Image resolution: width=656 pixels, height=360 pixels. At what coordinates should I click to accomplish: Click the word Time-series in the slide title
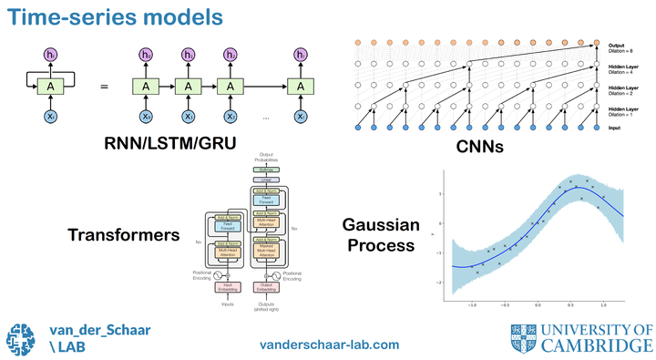coord(63,16)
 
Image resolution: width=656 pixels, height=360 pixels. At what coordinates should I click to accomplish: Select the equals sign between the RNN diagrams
coord(104,87)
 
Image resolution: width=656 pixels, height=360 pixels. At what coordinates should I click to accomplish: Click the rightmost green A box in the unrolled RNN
coord(300,87)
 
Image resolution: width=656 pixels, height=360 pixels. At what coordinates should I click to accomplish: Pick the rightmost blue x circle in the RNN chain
coord(300,117)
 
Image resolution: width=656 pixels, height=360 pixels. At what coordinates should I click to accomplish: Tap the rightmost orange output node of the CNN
coord(597,42)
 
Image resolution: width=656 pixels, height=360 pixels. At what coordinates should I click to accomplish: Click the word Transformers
coord(124,235)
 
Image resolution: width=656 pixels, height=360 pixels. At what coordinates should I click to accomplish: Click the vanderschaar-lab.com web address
coord(329,345)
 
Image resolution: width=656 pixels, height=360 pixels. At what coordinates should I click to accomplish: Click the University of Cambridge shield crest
coord(523,337)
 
